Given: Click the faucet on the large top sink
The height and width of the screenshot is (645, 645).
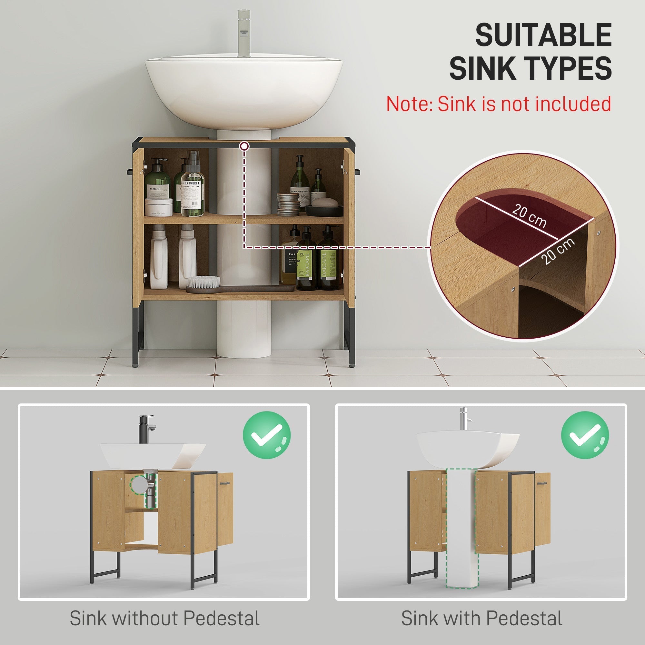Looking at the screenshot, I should (244, 34).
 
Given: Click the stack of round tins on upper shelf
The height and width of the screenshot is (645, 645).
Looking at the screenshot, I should (288, 203).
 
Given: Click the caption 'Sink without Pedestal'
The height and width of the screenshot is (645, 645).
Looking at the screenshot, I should (164, 618).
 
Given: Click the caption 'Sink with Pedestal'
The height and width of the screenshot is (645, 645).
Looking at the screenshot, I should (481, 618).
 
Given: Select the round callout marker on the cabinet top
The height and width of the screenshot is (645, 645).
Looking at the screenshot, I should (244, 146).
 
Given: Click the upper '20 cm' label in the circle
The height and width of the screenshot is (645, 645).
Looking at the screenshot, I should (530, 216).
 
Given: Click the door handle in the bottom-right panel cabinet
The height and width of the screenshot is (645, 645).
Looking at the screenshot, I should (542, 483).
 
